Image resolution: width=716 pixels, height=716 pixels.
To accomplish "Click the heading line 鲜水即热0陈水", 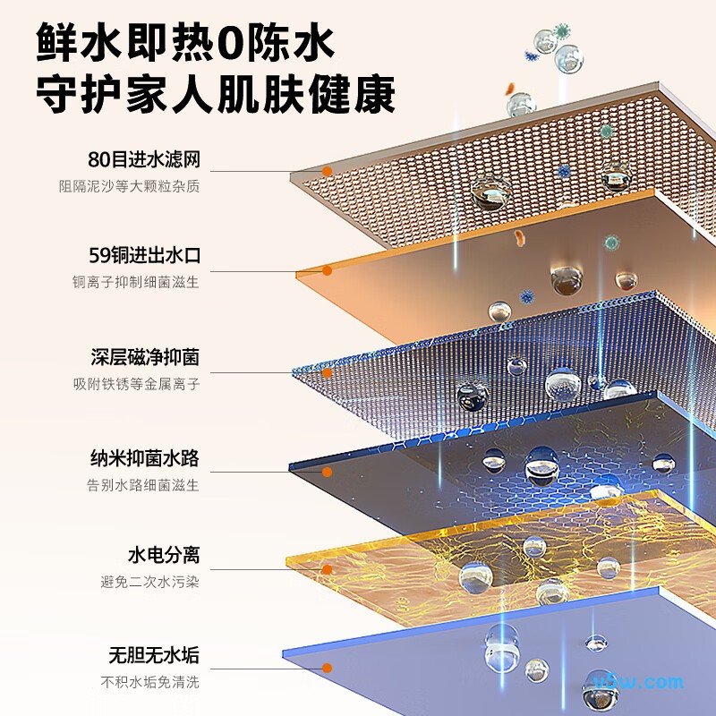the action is (x=185, y=42).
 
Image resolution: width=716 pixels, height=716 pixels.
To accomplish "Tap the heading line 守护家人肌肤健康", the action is (x=216, y=95).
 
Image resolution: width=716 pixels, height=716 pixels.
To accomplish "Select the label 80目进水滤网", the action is (x=144, y=159).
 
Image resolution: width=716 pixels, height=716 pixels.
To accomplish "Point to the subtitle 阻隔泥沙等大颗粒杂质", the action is (x=129, y=186).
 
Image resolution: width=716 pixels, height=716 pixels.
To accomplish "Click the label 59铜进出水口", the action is (x=145, y=255).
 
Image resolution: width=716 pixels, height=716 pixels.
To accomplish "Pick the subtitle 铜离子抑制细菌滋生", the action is (x=136, y=282).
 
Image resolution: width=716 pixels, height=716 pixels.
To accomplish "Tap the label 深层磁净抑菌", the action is (x=145, y=357).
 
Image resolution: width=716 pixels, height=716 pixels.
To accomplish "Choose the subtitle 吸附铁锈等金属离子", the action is (x=137, y=384).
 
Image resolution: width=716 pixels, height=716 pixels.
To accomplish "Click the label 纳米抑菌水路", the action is (x=145, y=458).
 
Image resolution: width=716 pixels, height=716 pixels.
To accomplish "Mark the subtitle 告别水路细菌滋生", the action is (x=143, y=485).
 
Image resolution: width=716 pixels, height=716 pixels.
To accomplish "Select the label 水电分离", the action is (x=164, y=555).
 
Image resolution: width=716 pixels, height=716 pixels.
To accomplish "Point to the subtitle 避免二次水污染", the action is (x=149, y=583).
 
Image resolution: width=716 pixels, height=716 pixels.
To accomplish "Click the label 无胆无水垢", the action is (x=154, y=655).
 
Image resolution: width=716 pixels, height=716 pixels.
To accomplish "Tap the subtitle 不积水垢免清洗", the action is (x=149, y=682).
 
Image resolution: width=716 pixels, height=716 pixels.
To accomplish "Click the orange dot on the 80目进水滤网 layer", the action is (x=327, y=171).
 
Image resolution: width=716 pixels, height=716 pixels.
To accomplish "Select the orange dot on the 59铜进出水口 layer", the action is (x=327, y=271).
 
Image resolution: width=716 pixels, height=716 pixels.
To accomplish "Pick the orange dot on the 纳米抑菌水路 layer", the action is (x=327, y=473).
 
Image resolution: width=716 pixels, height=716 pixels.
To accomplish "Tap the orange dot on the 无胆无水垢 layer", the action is (x=327, y=669).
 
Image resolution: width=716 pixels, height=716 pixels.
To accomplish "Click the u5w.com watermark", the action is (x=638, y=682).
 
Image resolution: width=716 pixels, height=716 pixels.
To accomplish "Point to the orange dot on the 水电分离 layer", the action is (x=327, y=569).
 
